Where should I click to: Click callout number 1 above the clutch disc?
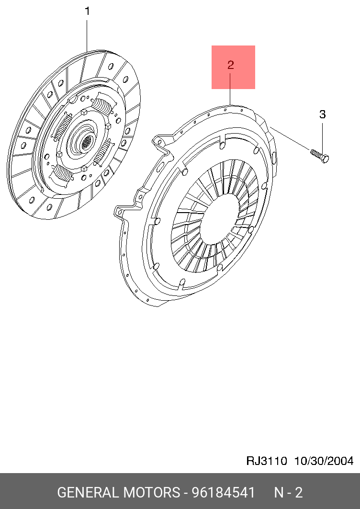coord(87,11)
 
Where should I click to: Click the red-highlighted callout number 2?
coord(230,65)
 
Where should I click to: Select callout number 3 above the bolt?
coord(322,114)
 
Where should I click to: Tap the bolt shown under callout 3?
coord(320,156)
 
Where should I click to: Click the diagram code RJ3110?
coord(267,461)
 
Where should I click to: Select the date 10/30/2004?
coord(324,461)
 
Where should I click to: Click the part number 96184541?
coord(224,492)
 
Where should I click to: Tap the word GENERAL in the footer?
coord(88,492)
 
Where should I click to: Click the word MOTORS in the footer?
coord(151,492)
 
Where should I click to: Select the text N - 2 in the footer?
coord(288,492)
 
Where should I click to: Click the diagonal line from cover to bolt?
coord(290,138)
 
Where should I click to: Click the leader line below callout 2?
coord(230,89)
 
